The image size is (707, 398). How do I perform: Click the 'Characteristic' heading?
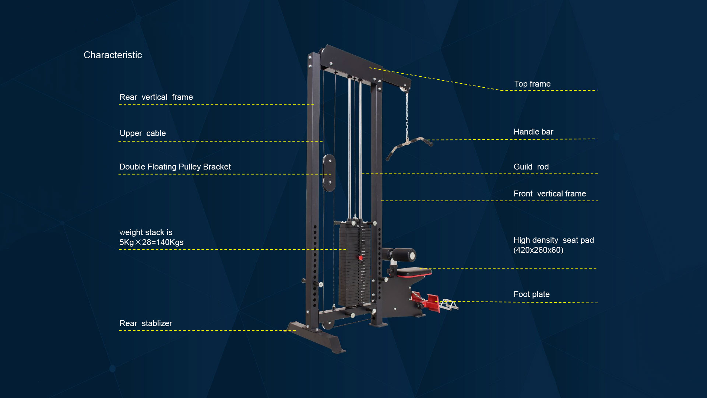pyautogui.click(x=113, y=55)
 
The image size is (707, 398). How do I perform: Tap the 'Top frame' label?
pyautogui.click(x=532, y=84)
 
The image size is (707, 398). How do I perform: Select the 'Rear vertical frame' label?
pyautogui.click(x=156, y=97)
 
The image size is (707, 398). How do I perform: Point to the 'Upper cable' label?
pyautogui.click(x=143, y=133)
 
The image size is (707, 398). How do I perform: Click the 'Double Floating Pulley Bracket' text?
pyautogui.click(x=175, y=167)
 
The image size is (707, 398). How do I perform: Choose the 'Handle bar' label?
pyautogui.click(x=533, y=132)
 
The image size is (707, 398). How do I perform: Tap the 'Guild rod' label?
pyautogui.click(x=531, y=167)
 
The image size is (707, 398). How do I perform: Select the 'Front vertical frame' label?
pyautogui.click(x=549, y=194)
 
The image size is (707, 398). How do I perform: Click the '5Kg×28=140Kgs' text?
pyautogui.click(x=151, y=242)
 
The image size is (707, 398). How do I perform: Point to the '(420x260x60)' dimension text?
pyautogui.click(x=538, y=250)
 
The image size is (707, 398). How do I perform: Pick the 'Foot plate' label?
pyautogui.click(x=531, y=294)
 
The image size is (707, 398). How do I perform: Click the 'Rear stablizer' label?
pyautogui.click(x=145, y=324)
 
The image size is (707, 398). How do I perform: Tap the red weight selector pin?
pyautogui.click(x=361, y=258)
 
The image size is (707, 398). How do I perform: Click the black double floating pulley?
pyautogui.click(x=329, y=172)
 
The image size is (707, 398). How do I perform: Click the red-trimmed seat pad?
pyautogui.click(x=414, y=272)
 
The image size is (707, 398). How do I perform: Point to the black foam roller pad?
pyautogui.click(x=404, y=255)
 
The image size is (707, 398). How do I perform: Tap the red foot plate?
pyautogui.click(x=431, y=302)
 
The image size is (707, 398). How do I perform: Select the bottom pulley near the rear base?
pyautogui.click(x=327, y=324)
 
